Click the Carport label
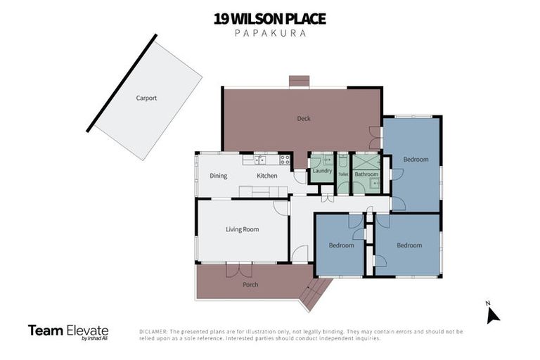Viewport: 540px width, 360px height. click(146, 98)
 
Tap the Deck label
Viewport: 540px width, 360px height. click(304, 119)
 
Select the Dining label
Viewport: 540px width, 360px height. click(218, 176)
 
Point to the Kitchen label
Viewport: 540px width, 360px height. click(266, 176)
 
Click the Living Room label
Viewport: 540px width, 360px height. click(242, 229)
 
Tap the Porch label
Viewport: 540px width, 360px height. click(250, 285)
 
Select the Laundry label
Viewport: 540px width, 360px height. click(322, 171)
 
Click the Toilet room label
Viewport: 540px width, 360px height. click(343, 174)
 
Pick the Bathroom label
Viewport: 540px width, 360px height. click(366, 174)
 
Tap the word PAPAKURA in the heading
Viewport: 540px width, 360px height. click(269, 33)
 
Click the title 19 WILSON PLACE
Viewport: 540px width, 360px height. click(269, 18)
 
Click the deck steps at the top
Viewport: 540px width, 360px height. click(300, 81)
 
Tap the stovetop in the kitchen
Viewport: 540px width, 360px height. click(284, 160)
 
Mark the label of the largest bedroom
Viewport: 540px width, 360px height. click(416, 160)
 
